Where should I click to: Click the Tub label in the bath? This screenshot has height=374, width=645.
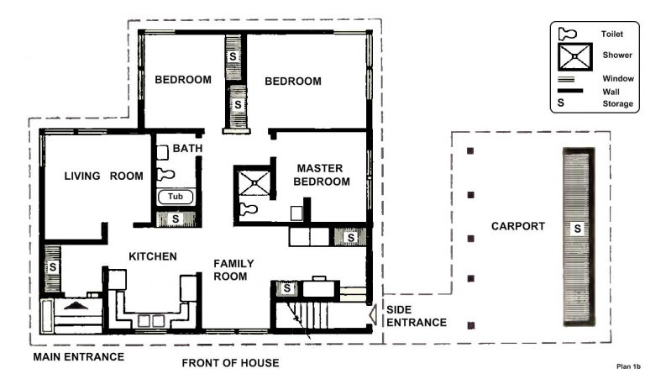(175, 196)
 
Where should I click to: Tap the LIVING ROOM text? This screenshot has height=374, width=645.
(103, 176)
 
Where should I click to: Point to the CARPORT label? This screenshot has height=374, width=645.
(518, 226)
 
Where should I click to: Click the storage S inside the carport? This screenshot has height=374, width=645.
(577, 228)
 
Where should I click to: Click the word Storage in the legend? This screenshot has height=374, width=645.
(617, 104)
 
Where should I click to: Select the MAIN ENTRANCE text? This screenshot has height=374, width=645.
(78, 357)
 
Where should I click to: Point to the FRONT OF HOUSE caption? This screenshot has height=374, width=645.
(230, 363)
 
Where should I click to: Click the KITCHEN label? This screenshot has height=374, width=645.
(152, 255)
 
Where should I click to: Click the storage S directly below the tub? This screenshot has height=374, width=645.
(175, 219)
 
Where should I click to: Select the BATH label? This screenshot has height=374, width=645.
(186, 149)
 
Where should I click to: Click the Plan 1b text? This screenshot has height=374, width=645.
(627, 366)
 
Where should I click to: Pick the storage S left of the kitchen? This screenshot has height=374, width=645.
(52, 266)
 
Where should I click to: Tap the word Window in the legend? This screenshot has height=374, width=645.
(616, 78)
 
